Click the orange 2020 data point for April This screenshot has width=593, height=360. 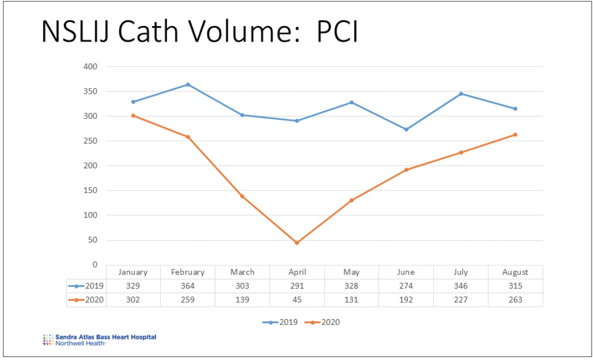[297, 243]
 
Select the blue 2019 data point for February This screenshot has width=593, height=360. [188, 84]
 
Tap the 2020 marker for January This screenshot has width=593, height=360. [133, 115]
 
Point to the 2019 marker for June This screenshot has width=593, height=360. [406, 129]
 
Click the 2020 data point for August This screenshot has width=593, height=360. [515, 134]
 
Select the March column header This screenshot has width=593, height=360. [242, 272]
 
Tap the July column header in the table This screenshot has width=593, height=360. [461, 272]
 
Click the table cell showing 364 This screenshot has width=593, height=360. [188, 286]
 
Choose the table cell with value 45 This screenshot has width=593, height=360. [297, 300]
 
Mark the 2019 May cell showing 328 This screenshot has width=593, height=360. [351, 286]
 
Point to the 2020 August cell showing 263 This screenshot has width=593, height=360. [515, 300]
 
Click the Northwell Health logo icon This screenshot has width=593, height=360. [48, 339]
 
